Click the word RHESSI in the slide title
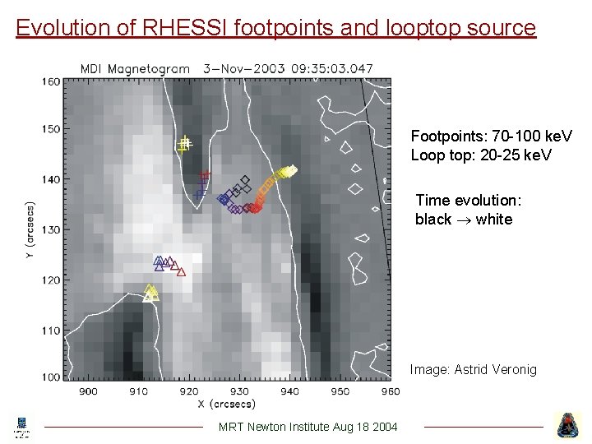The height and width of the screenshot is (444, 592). tap(187, 28)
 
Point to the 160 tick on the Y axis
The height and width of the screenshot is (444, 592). tap(51, 81)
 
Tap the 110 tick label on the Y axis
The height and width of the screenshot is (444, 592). tap(51, 331)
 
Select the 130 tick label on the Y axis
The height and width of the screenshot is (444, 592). tap(51, 229)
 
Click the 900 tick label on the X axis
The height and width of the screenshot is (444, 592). tap(88, 391)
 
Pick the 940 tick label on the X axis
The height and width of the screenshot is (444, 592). tap(290, 391)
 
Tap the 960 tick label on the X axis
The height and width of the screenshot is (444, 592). tap(390, 391)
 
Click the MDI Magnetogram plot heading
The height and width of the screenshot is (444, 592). tap(135, 69)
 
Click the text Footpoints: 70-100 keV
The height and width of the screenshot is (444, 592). tap(492, 136)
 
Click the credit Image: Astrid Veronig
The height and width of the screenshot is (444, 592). tap(473, 370)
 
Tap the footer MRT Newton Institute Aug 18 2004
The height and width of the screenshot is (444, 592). tap(308, 426)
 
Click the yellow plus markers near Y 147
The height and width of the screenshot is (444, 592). tap(184, 145)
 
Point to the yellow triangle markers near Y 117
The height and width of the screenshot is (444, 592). tap(150, 293)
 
